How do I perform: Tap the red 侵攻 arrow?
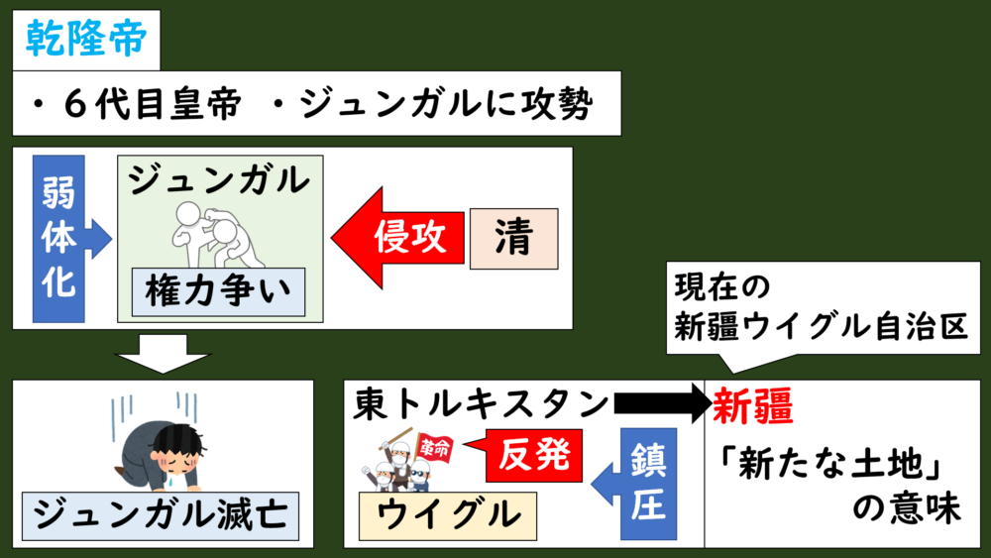(396, 238)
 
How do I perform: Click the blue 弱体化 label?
(59, 238)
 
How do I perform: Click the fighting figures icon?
(212, 231)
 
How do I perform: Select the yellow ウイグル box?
(448, 514)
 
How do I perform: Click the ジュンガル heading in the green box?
(218, 180)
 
